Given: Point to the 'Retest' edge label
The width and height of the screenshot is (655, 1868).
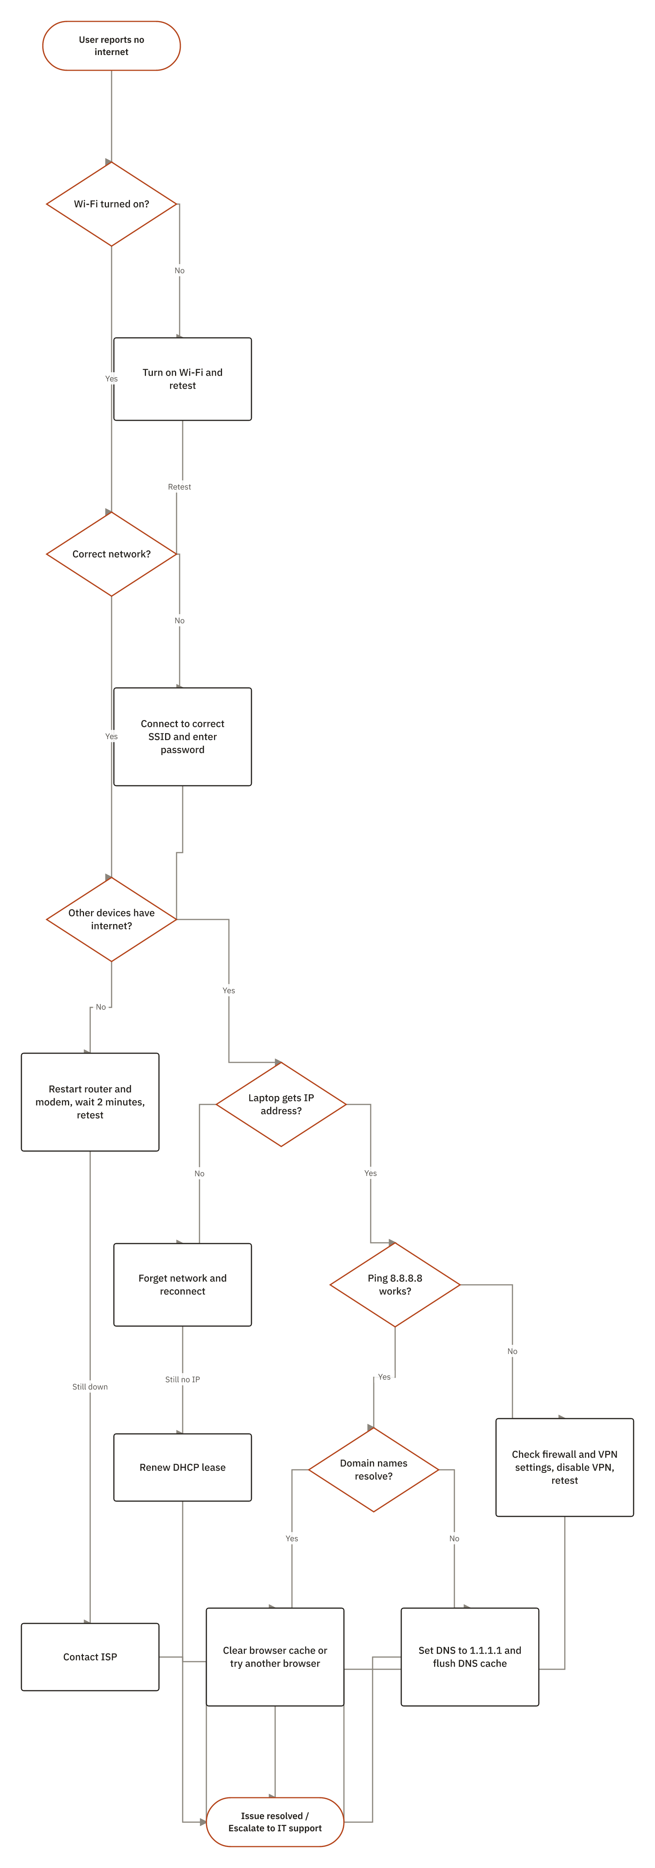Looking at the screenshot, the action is pos(179,486).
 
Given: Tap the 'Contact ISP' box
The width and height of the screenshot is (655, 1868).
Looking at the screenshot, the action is pos(90,1657).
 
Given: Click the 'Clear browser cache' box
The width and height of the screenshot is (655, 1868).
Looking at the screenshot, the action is pos(275,1657).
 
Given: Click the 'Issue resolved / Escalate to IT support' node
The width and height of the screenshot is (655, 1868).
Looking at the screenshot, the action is pos(275,1822).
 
